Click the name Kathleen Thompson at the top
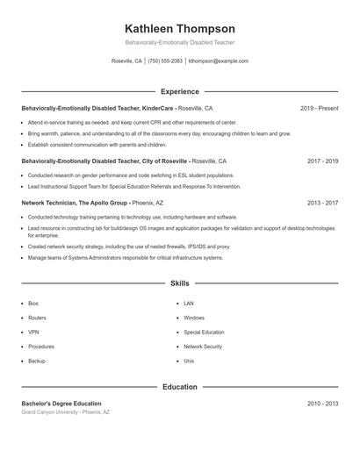pyautogui.click(x=180, y=28)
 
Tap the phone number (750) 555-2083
pyautogui.click(x=165, y=61)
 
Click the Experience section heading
pyautogui.click(x=180, y=91)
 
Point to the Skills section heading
pyautogui.click(x=180, y=283)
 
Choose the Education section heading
pyautogui.click(x=180, y=386)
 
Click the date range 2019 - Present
pyautogui.click(x=319, y=108)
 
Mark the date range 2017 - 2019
pyautogui.click(x=322, y=161)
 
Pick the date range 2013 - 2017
pyautogui.click(x=322, y=203)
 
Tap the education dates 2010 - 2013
pyautogui.click(x=322, y=404)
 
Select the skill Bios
pyautogui.click(x=34, y=304)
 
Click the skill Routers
pyautogui.click(x=37, y=318)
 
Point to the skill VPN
pyautogui.click(x=33, y=333)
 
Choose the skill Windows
pyautogui.click(x=194, y=318)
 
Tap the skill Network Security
pyautogui.click(x=203, y=347)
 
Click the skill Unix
pyautogui.click(x=189, y=361)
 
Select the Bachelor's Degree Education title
pyautogui.click(x=61, y=404)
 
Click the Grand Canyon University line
pyautogui.click(x=66, y=411)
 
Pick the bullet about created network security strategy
pyautogui.click(x=129, y=247)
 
